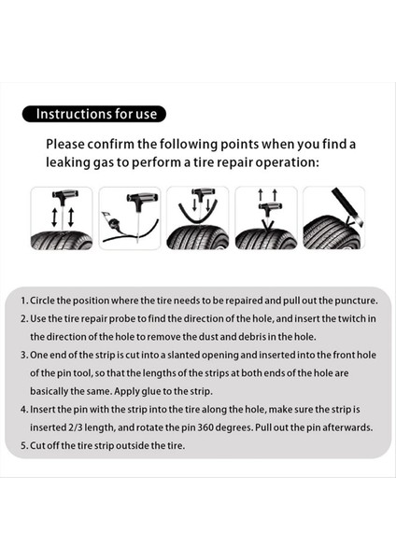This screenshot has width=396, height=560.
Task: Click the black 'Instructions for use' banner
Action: point(94,114)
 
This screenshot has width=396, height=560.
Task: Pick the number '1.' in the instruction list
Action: point(24,301)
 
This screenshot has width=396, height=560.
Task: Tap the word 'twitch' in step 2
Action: point(352,318)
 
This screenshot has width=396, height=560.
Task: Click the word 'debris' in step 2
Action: point(252,337)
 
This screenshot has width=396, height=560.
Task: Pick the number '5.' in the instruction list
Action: point(24,446)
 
